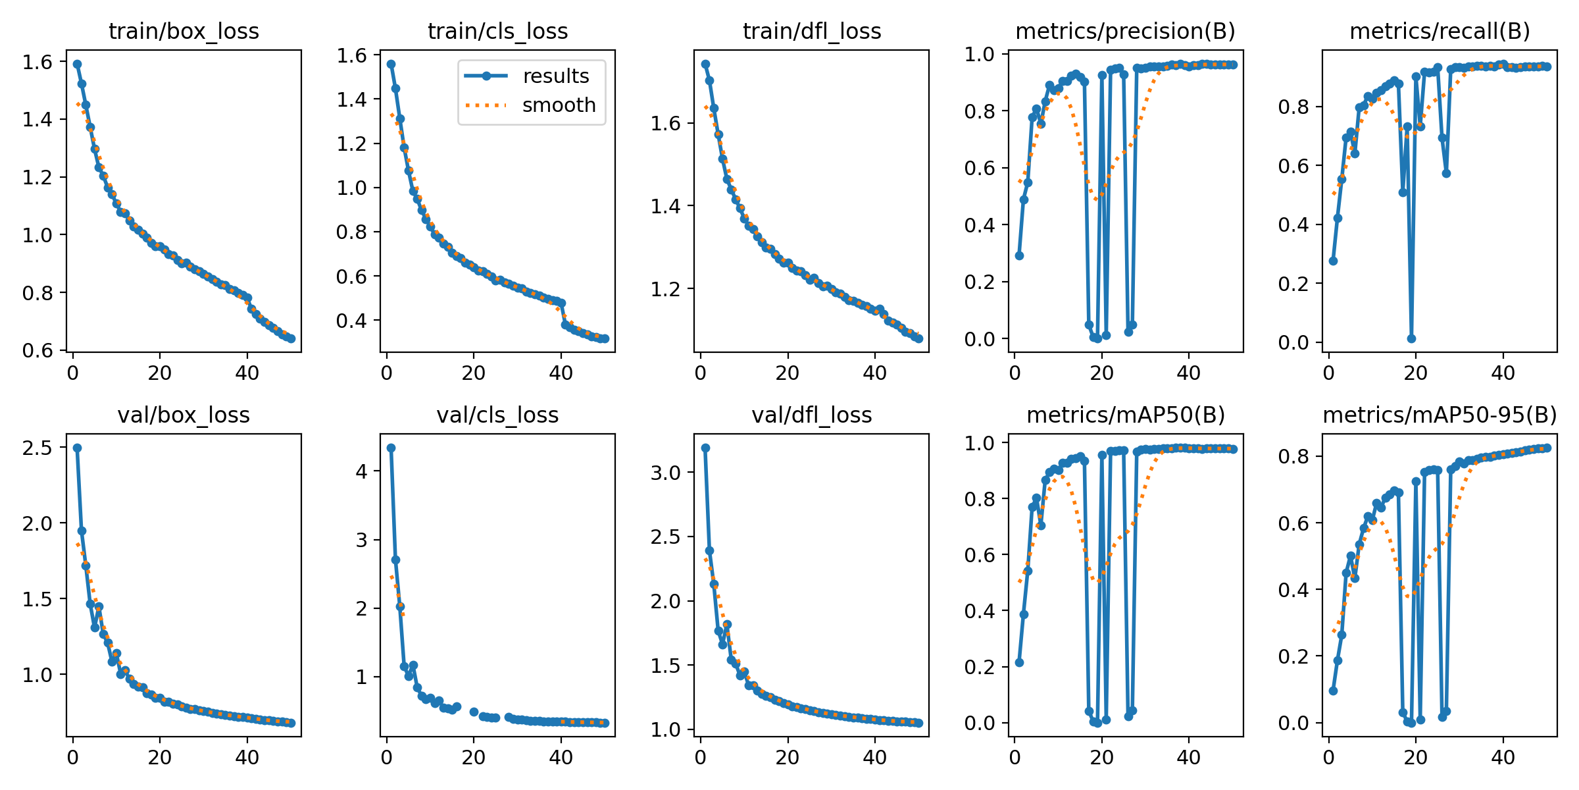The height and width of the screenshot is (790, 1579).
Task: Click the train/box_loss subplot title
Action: click(184, 32)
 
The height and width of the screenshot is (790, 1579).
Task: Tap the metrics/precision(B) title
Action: click(1125, 32)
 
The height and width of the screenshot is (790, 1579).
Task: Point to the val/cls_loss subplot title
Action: click(497, 415)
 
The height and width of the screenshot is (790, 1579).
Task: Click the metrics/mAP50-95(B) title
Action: click(1440, 415)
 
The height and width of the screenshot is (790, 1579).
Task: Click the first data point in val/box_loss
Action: click(77, 448)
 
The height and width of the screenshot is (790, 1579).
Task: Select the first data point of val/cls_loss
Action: click(391, 448)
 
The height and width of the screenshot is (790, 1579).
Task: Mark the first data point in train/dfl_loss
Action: click(705, 64)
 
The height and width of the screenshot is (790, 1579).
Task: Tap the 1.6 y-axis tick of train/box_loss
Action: click(37, 62)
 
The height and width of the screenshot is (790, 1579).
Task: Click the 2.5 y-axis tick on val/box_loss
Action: click(37, 448)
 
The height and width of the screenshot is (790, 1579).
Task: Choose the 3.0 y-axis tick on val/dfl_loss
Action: click(665, 473)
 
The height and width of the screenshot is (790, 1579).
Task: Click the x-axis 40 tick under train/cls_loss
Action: click(561, 373)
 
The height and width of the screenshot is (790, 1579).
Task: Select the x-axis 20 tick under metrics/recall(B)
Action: click(1415, 373)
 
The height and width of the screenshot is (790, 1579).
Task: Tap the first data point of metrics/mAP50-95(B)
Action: click(1333, 691)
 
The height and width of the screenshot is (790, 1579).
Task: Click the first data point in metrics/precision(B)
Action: click(1019, 255)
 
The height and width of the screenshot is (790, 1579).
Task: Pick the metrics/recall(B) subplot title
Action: click(1440, 32)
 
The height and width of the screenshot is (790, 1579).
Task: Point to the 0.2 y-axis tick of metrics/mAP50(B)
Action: click(980, 667)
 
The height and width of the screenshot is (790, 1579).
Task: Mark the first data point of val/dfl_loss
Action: click(705, 448)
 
